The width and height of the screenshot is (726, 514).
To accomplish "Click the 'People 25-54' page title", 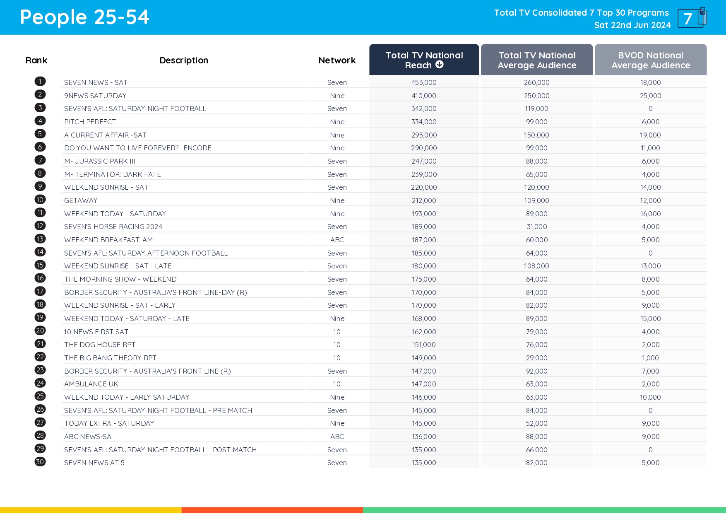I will (x=84, y=17).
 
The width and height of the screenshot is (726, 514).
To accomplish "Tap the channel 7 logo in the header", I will (x=692, y=18).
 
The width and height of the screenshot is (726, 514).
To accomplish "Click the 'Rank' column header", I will (x=36, y=60).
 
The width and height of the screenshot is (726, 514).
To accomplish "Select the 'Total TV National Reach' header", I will (x=424, y=60).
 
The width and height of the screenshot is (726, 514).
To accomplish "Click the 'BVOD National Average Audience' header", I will (x=650, y=60).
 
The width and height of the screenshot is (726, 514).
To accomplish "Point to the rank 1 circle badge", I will (x=40, y=82).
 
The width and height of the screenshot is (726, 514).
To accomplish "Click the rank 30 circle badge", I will (x=40, y=462).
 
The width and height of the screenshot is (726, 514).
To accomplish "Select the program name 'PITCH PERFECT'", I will (x=90, y=122).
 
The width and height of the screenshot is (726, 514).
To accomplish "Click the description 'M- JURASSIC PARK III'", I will (x=100, y=161).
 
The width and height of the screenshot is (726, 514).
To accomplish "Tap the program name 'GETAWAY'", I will (x=81, y=200).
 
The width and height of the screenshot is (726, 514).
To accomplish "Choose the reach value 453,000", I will (x=424, y=82).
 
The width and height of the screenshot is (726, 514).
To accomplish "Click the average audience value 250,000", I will (x=536, y=96).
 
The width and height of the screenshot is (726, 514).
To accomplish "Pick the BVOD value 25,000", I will (x=650, y=96).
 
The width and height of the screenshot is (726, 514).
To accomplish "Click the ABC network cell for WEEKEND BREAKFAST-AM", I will (x=337, y=240).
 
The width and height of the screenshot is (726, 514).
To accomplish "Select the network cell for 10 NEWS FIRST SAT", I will (x=337, y=332).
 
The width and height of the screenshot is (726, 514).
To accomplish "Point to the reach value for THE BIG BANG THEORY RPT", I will (x=424, y=358).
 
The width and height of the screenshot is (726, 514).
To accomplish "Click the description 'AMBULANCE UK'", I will (x=91, y=384).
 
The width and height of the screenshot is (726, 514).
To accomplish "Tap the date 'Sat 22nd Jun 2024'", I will (x=632, y=25).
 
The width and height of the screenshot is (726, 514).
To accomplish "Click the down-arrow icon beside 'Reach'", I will (x=440, y=65).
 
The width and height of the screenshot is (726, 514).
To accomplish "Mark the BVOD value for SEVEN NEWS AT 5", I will (x=650, y=463).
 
